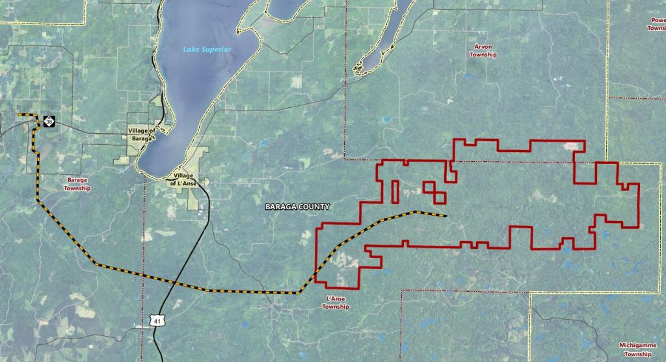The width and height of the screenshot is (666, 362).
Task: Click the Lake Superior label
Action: (207, 50)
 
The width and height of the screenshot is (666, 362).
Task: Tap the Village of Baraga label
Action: (141, 134)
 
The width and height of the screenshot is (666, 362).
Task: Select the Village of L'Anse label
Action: (183, 180)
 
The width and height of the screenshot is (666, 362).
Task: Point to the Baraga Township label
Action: (77, 183)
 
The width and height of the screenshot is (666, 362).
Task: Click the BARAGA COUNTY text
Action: (297, 207)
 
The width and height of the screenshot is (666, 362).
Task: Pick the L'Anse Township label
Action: (336, 303)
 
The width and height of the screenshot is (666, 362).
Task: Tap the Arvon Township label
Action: (483, 51)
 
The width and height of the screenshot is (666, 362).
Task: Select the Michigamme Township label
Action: (637, 350)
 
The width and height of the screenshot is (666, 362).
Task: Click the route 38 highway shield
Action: (49, 122)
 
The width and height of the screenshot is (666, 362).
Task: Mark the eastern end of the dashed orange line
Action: (446, 216)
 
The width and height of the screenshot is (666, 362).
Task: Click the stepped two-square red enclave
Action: (435, 192)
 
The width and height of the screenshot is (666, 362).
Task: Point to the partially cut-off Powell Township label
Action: (656, 24)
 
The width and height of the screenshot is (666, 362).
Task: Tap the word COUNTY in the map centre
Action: (313, 207)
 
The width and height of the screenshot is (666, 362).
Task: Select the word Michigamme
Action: (637, 345)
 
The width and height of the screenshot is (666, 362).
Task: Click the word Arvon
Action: (483, 47)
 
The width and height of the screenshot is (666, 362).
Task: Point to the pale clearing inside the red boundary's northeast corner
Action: (572, 146)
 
